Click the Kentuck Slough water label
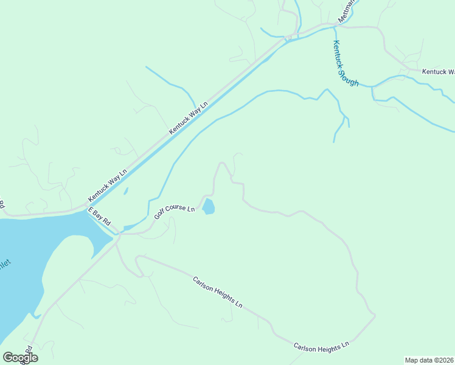click(346, 63)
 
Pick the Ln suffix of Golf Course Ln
click(191, 209)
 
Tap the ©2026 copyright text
click(443, 360)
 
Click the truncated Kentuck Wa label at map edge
click(438, 72)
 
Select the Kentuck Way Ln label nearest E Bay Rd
click(107, 186)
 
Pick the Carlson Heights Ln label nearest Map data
click(321, 346)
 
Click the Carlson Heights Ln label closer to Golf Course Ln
click(218, 293)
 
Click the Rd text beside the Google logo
click(28, 352)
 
